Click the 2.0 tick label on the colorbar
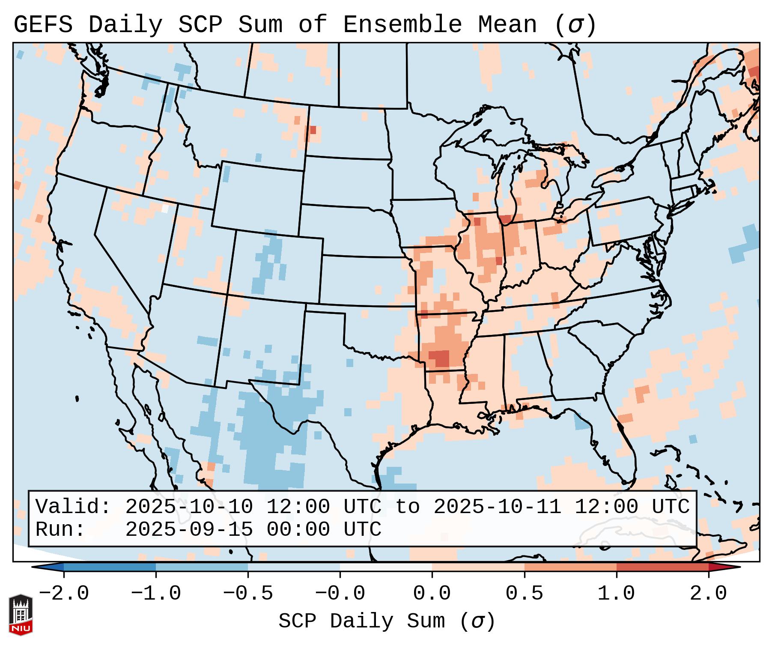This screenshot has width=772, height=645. tap(708, 594)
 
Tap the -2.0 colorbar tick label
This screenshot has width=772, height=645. tap(64, 594)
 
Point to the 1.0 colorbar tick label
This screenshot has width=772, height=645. tap(616, 594)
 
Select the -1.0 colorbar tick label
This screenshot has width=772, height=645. tap(156, 594)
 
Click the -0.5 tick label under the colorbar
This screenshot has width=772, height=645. tap(248, 594)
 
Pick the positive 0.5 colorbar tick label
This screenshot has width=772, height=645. tap(524, 594)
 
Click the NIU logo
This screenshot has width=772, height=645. tap(21, 615)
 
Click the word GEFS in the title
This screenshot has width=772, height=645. tap(43, 25)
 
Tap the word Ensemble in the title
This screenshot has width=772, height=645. tap(402, 25)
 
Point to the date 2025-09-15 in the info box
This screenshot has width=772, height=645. tap(189, 530)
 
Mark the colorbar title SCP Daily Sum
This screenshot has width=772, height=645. tap(361, 621)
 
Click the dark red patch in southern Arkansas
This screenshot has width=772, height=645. tap(439, 358)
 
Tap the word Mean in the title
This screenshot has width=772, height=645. tap(507, 25)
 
